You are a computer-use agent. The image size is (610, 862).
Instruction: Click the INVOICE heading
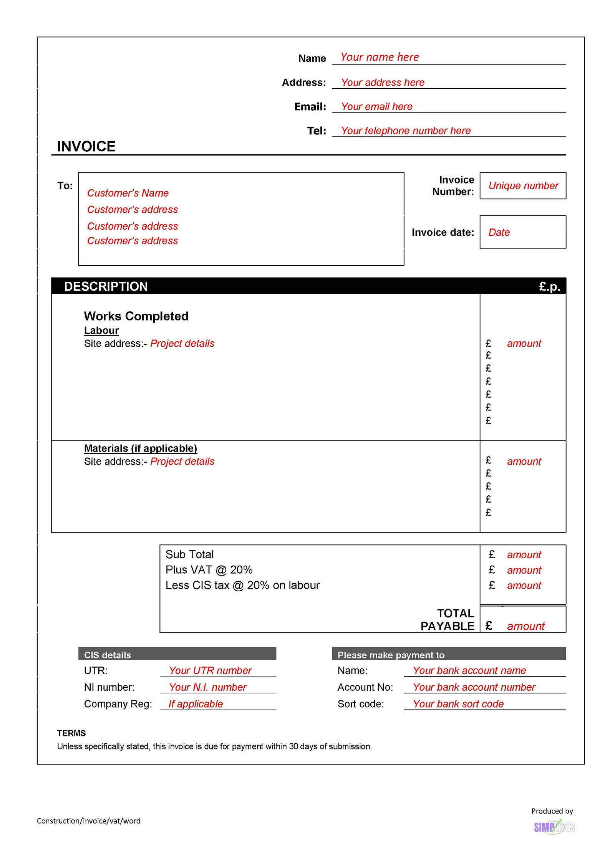(x=86, y=146)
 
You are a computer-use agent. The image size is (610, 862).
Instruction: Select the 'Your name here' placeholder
(x=379, y=57)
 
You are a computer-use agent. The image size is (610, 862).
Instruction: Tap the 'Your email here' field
(x=376, y=107)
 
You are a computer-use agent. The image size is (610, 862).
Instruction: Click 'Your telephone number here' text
(x=405, y=131)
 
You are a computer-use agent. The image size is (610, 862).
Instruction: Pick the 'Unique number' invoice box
(x=523, y=186)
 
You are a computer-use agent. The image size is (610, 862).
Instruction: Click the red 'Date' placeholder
(x=499, y=232)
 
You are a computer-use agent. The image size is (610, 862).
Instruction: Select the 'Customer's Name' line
(x=128, y=193)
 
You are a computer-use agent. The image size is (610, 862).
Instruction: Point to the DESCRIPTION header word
(x=106, y=286)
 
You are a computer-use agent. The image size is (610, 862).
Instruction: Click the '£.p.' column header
(x=549, y=286)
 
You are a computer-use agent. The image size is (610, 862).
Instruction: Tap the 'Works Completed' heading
(x=136, y=316)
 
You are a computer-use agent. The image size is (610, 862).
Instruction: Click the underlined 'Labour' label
(x=101, y=331)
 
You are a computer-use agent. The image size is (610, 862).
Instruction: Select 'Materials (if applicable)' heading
(x=140, y=448)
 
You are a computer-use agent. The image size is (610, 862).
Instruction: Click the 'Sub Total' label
(x=189, y=554)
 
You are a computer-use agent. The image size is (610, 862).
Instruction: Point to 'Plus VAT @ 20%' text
(x=209, y=570)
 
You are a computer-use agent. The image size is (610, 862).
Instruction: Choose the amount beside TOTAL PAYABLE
(x=525, y=626)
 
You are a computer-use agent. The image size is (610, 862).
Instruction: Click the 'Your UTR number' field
(x=210, y=670)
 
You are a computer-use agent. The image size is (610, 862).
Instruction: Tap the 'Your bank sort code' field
(x=458, y=704)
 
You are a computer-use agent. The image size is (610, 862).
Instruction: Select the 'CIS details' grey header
(x=108, y=655)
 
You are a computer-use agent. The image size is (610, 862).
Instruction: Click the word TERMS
(x=71, y=733)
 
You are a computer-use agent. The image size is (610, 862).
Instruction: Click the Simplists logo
(x=554, y=827)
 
